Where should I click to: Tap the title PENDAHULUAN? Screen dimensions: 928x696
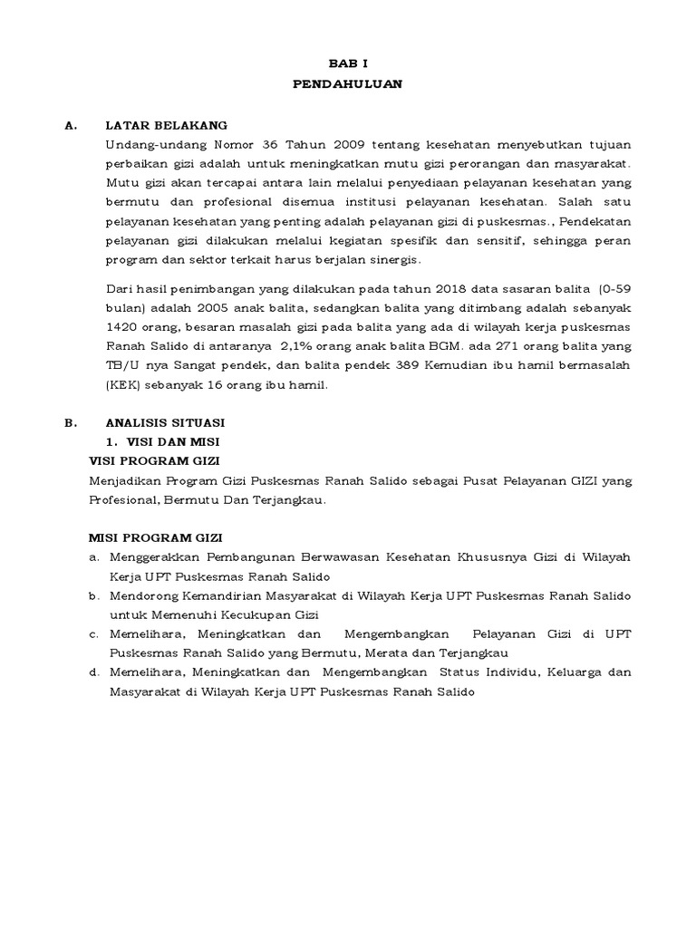347,84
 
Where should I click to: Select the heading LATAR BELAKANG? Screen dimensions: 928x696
166,126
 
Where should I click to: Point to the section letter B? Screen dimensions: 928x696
70,422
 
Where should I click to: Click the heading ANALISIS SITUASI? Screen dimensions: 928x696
165,422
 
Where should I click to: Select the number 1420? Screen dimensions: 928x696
122,328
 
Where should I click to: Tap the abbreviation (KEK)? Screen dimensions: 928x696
121,385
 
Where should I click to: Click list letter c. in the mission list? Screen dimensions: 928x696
93,633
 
